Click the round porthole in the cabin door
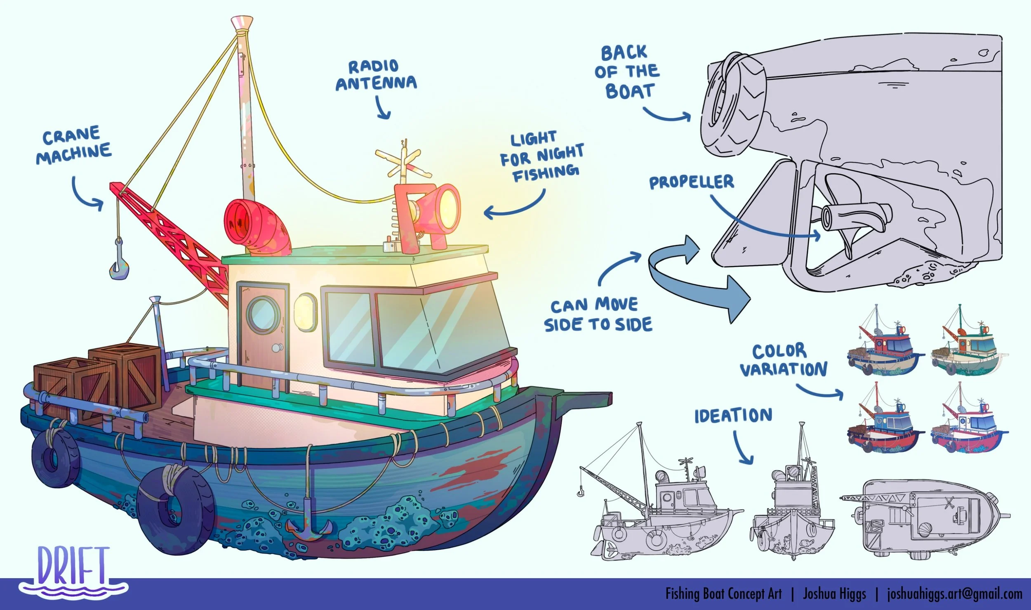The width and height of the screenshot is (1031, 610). point(263,315)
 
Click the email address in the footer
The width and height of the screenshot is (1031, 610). point(954,594)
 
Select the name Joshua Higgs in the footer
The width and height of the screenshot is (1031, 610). point(834,594)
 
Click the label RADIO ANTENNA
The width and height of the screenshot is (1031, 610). point(376,75)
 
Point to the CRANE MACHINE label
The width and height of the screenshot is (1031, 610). point(73,144)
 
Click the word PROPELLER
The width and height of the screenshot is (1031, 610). point(691,182)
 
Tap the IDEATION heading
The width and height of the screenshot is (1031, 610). point(733,416)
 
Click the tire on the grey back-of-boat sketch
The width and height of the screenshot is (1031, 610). point(732,105)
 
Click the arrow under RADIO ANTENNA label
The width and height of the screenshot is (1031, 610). point(383,107)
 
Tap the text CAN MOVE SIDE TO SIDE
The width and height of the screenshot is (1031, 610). point(598,314)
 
